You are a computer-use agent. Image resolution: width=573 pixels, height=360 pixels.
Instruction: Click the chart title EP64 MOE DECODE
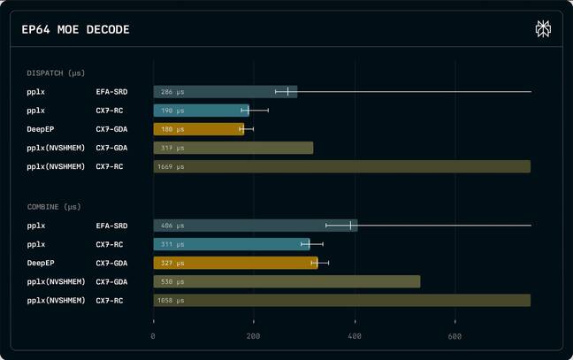pos(75,30)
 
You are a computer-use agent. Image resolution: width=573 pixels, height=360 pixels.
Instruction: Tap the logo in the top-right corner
pos(543,29)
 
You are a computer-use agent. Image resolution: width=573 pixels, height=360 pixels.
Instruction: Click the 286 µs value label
pos(172,92)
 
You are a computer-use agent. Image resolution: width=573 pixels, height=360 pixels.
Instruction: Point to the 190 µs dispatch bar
pos(201,111)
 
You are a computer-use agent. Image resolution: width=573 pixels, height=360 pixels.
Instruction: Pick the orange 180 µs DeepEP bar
pos(198,129)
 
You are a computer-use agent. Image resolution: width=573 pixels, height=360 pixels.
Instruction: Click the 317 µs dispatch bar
pos(233,148)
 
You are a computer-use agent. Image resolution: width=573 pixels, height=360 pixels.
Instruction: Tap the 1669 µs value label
pos(172,166)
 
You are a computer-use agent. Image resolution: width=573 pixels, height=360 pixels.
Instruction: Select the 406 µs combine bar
pos(255,226)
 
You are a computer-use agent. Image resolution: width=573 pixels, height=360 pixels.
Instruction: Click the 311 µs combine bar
pos(231,244)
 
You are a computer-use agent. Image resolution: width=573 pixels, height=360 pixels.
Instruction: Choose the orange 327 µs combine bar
pos(234,263)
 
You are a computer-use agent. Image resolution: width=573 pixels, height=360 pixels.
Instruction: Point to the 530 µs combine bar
pos(286,281)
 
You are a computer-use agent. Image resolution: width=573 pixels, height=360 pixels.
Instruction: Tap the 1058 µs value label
pos(172,301)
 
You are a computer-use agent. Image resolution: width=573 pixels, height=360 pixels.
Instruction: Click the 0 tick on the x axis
pos(153,336)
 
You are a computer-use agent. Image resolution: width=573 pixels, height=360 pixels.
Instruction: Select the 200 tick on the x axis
pos(254,336)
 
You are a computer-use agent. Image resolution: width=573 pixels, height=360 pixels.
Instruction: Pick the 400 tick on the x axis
pos(355,336)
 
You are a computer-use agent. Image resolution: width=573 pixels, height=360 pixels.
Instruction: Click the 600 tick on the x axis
pos(455,336)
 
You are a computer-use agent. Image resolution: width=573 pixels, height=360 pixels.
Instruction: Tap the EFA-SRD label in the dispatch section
pos(111,92)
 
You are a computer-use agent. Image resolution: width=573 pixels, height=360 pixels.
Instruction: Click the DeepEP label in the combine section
pos(41,263)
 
